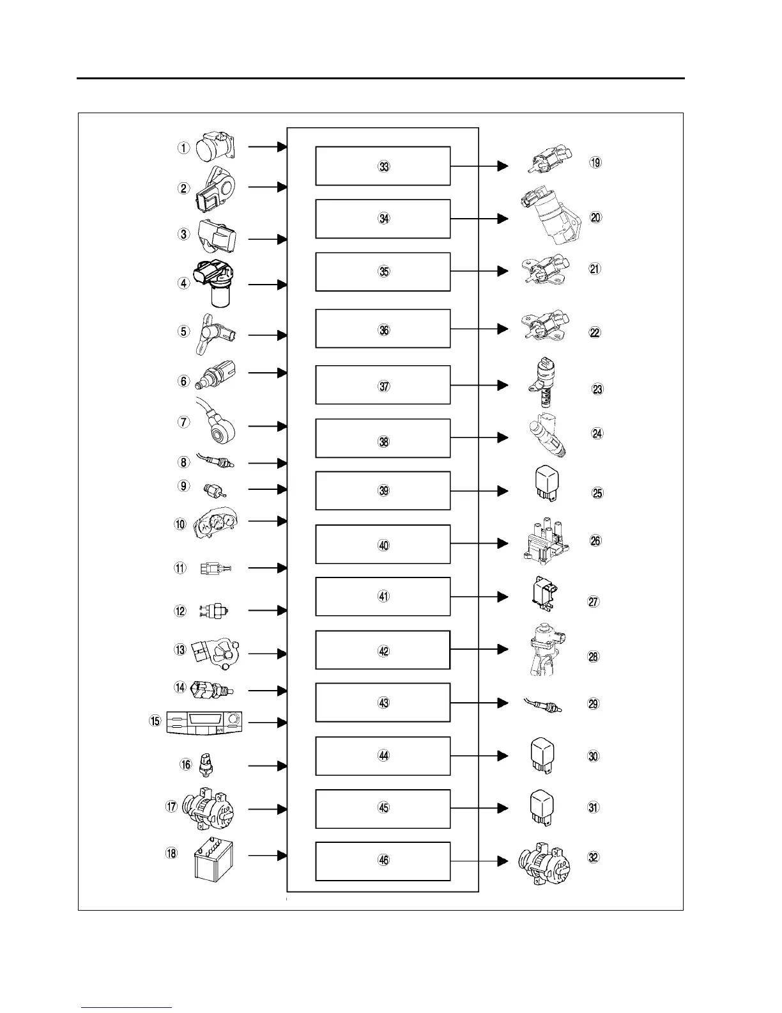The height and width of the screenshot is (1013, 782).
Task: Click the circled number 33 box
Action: [383, 166]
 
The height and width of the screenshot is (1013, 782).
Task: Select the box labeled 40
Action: [383, 544]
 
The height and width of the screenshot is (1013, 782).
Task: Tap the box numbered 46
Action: [383, 861]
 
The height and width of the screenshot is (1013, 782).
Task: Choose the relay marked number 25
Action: [544, 486]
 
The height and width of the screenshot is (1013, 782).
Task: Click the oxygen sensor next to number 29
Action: [543, 704]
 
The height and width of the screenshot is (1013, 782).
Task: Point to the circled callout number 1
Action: [184, 148]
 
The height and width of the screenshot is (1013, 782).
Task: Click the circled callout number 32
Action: [594, 858]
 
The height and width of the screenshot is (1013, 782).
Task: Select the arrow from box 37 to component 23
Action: [480, 386]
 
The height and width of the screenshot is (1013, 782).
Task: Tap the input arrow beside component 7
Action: [268, 426]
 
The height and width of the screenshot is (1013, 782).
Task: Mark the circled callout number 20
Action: [595, 217]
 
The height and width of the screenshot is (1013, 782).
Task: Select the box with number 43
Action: [383, 702]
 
